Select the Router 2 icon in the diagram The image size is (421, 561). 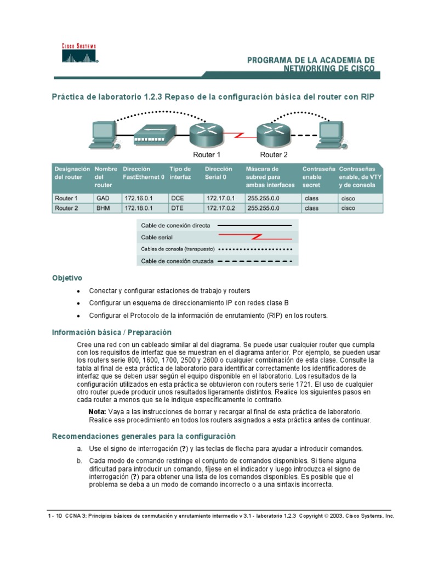point(272,131)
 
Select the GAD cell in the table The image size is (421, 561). point(103,198)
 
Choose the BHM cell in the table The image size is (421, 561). point(103,208)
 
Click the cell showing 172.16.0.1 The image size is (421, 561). point(138,198)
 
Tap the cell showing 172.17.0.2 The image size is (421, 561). point(220,208)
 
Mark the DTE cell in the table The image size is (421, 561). point(177,208)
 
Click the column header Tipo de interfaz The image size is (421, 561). point(180,173)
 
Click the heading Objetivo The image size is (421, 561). point(67,278)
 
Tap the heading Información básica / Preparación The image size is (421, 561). point(111,333)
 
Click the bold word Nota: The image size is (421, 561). point(97,411)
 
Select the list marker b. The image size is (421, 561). point(79,461)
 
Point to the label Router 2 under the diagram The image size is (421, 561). point(274,155)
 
